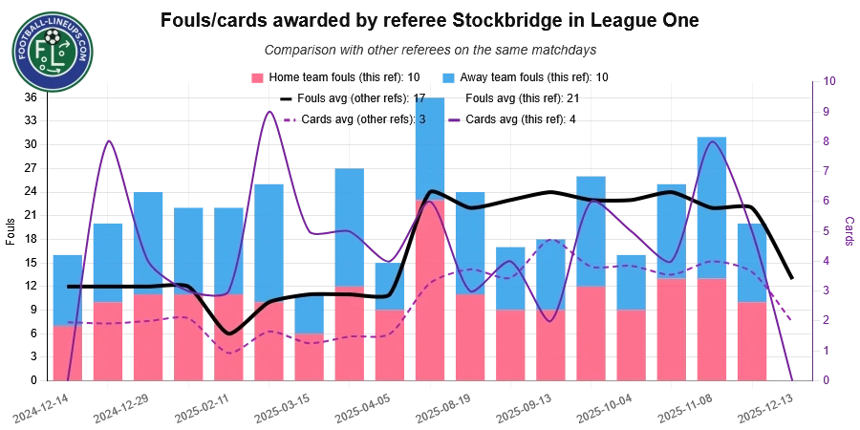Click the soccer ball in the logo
(52, 39)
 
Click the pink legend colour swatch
(256, 76)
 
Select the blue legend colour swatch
(446, 76)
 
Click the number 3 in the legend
(421, 119)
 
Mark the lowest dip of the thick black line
(228, 333)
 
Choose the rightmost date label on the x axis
(764, 408)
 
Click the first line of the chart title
(430, 19)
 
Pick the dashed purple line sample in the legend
(287, 119)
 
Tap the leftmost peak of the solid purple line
(110, 140)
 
